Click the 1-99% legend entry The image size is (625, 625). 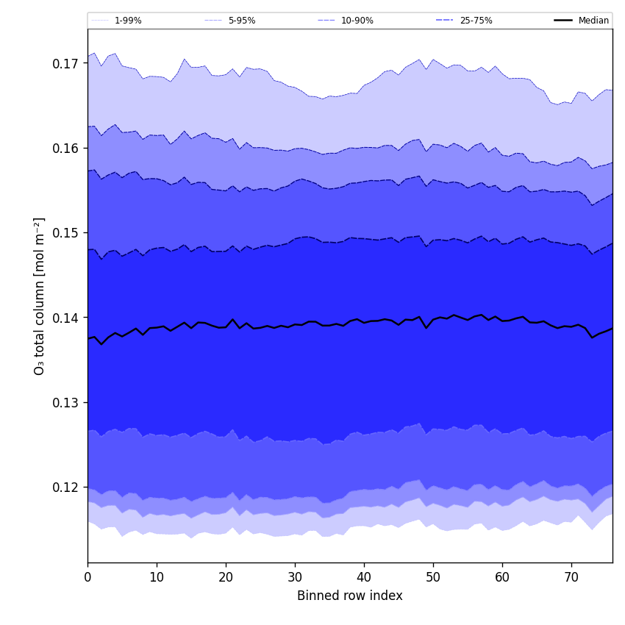pyautogui.click(x=127, y=21)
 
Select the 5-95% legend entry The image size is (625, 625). pyautogui.click(x=241, y=21)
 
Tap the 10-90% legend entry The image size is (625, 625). pyautogui.click(x=357, y=21)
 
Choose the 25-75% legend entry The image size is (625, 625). pyautogui.click(x=476, y=21)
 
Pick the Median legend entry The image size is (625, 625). pyautogui.click(x=593, y=21)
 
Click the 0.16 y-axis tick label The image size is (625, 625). pyautogui.click(x=66, y=149)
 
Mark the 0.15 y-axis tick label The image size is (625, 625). pyautogui.click(x=66, y=233)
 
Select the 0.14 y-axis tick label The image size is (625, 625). pyautogui.click(x=66, y=318)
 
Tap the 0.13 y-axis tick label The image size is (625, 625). pyautogui.click(x=66, y=403)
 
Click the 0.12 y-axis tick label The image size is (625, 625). pyautogui.click(x=66, y=488)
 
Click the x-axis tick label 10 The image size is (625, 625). pyautogui.click(x=157, y=578)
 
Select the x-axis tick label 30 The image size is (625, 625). pyautogui.click(x=295, y=578)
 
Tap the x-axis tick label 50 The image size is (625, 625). pyautogui.click(x=433, y=578)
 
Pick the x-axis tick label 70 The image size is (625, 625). pyautogui.click(x=571, y=578)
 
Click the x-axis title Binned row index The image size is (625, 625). pyautogui.click(x=350, y=596)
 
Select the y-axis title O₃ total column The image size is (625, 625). pyautogui.click(x=40, y=296)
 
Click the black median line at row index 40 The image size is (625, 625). pyautogui.click(x=364, y=322)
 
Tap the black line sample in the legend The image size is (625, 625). pyautogui.click(x=564, y=21)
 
